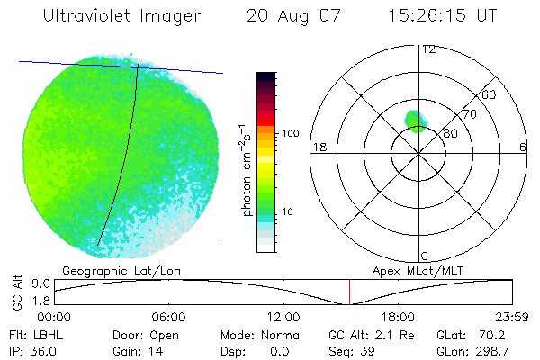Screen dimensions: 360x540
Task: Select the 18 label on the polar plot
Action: pyautogui.click(x=318, y=147)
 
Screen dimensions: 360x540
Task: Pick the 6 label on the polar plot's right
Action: pyautogui.click(x=522, y=147)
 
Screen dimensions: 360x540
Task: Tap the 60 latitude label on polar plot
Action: pyautogui.click(x=490, y=94)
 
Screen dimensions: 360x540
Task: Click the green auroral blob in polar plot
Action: pyautogui.click(x=415, y=121)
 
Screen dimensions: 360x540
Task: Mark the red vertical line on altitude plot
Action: pyautogui.click(x=349, y=292)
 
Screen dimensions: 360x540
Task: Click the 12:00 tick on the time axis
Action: pyautogui.click(x=283, y=316)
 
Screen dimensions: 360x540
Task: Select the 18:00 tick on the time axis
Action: pyautogui.click(x=398, y=316)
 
